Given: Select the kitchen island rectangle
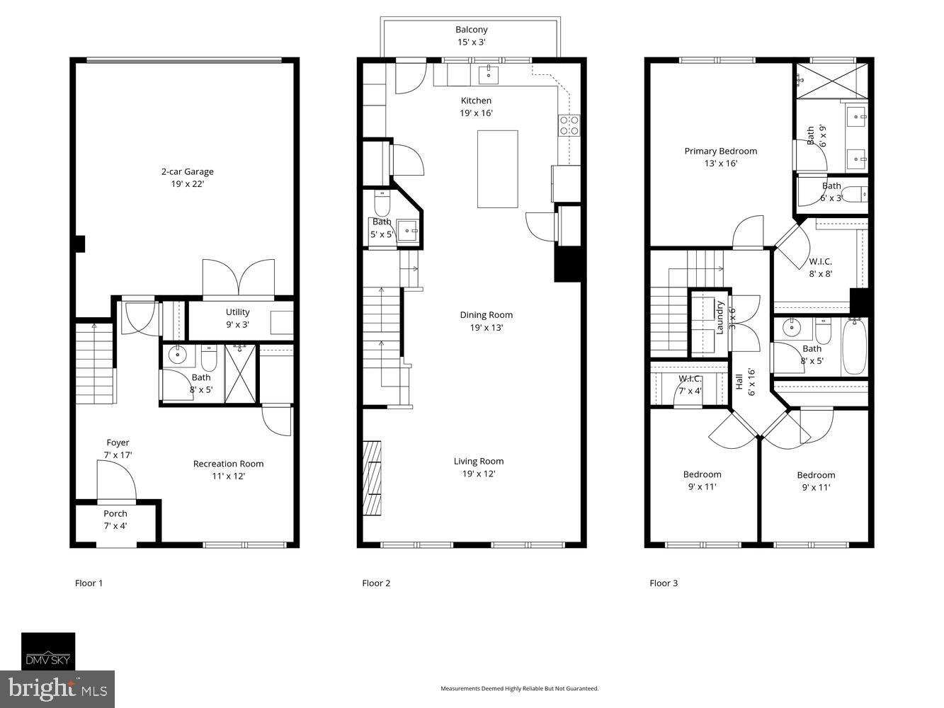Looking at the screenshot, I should click(x=497, y=169).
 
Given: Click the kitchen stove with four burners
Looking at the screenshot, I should click(x=569, y=125).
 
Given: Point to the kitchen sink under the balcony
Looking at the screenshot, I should click(x=488, y=73).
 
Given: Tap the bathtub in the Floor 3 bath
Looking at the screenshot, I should click(x=854, y=347).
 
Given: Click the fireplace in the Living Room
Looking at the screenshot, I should click(x=372, y=479).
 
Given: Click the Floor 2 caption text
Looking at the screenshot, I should click(x=376, y=583).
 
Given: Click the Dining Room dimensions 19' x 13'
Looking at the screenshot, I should click(x=486, y=328).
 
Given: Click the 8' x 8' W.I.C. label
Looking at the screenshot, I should click(x=820, y=268).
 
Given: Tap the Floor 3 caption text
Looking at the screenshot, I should click(x=664, y=583).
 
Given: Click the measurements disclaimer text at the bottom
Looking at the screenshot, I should click(x=519, y=688).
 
